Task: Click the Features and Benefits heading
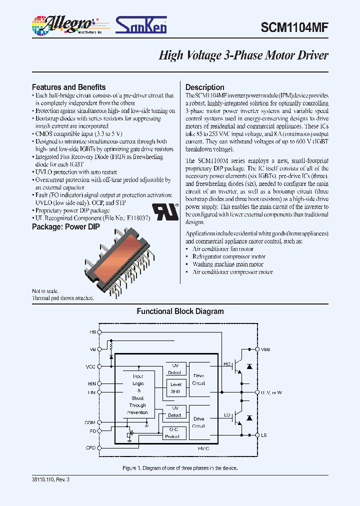click(x=68, y=87)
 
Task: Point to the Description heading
click(x=204, y=87)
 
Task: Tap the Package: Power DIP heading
click(x=65, y=226)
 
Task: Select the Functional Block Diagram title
click(x=180, y=311)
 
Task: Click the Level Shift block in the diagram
click(x=175, y=388)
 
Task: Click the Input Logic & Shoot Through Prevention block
click(x=137, y=394)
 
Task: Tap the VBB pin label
click(x=265, y=349)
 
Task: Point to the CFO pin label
click(x=90, y=447)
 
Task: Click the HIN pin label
click(x=91, y=383)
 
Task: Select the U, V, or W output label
click(x=271, y=392)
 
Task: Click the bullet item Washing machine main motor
click(x=228, y=264)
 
